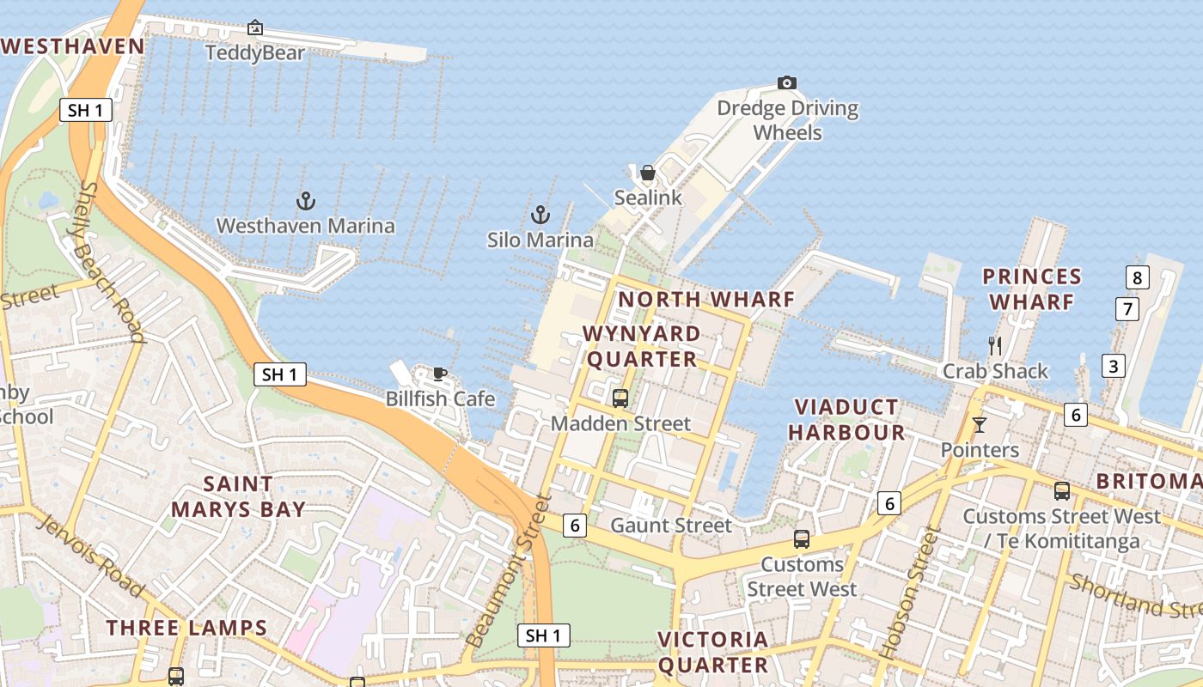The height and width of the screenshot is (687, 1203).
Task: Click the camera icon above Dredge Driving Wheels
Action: coord(786,83)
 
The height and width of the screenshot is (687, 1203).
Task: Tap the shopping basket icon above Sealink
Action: coord(648,173)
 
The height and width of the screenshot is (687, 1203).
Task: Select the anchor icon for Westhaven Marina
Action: coord(306,201)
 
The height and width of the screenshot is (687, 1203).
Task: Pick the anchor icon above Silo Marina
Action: coord(540,215)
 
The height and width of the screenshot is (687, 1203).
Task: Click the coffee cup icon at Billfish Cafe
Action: coord(440,374)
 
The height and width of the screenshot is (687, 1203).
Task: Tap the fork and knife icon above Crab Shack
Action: coord(995,346)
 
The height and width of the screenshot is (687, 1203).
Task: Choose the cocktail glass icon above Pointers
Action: coord(979,425)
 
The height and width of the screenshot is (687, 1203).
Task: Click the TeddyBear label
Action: coord(255,53)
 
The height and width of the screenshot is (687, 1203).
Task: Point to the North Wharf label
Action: coord(706,300)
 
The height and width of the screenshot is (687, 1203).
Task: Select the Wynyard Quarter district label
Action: coord(641,346)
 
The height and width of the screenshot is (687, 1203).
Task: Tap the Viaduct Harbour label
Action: coord(846,419)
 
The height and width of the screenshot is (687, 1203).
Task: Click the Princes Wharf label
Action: coord(1031,289)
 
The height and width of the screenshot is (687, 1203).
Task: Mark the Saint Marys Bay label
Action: coord(238,496)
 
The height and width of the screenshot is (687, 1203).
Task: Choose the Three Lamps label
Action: coord(187,628)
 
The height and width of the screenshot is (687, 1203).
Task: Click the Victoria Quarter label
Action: coord(713,652)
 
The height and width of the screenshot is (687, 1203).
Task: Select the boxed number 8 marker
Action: coord(1137,277)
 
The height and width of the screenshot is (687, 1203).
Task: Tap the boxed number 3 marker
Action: coord(1114,366)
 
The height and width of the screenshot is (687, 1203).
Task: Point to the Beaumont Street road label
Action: coord(506,572)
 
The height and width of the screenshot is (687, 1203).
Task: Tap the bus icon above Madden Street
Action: coord(620,398)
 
